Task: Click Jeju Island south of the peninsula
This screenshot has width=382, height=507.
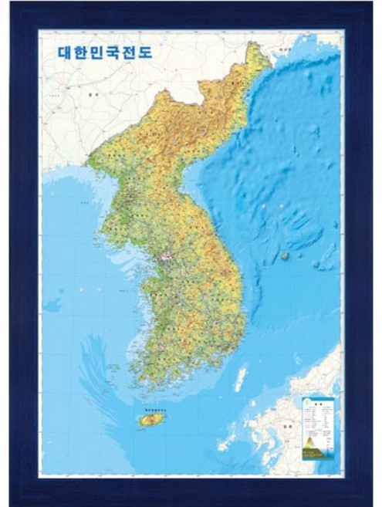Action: (x=150, y=419)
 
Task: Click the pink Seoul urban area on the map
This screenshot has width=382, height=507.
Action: (x=164, y=255)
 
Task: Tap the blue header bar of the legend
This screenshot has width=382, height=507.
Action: (x=317, y=400)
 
